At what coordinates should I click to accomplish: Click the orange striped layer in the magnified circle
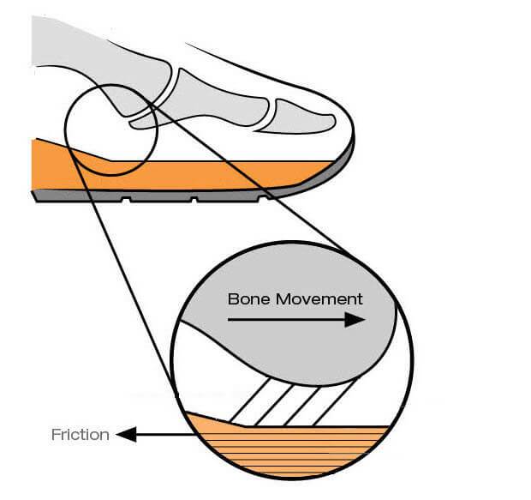tap(291, 446)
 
